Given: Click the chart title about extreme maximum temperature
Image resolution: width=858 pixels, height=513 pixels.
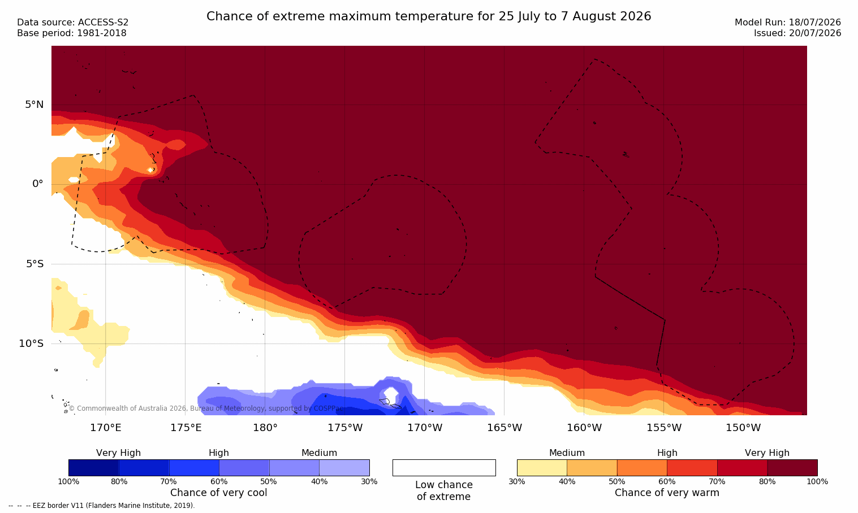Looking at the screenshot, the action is (x=429, y=16).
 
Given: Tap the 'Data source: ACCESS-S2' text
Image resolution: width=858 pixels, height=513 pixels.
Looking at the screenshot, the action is (x=73, y=23).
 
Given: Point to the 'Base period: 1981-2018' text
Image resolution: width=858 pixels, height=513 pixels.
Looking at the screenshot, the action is (x=72, y=33).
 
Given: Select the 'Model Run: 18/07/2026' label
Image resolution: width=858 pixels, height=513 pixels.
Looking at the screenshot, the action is (x=787, y=23).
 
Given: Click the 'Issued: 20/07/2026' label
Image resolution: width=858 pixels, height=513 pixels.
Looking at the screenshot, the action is (x=797, y=33).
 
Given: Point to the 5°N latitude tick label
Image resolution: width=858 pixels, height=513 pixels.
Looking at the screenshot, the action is (x=35, y=105).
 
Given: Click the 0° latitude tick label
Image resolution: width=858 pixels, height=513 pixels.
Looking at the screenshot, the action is (x=37, y=184).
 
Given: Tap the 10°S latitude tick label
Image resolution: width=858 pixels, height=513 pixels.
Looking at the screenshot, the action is (x=32, y=344).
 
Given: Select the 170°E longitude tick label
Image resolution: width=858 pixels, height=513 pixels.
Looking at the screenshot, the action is (x=106, y=428).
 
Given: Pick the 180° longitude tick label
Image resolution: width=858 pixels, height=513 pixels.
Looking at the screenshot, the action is (x=265, y=428).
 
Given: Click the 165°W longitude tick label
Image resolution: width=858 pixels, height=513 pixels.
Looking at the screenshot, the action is (x=505, y=428).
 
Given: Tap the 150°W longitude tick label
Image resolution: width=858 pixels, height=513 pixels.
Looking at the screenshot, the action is (x=744, y=428).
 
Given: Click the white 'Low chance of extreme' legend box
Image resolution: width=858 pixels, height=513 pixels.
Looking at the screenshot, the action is (x=444, y=468).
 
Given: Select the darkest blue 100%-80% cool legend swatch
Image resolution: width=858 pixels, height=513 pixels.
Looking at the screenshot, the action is (x=94, y=468).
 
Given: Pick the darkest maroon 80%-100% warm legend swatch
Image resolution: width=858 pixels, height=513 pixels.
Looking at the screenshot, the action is (x=792, y=468).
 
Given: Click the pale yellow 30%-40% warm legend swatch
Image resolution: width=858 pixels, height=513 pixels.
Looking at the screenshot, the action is (x=542, y=468).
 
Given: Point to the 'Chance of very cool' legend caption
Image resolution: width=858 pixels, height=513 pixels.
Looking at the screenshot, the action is (x=219, y=493).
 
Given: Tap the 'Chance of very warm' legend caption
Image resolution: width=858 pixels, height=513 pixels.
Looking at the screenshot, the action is (x=667, y=493).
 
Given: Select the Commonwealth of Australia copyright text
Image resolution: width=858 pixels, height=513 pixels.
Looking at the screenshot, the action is (x=206, y=408).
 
